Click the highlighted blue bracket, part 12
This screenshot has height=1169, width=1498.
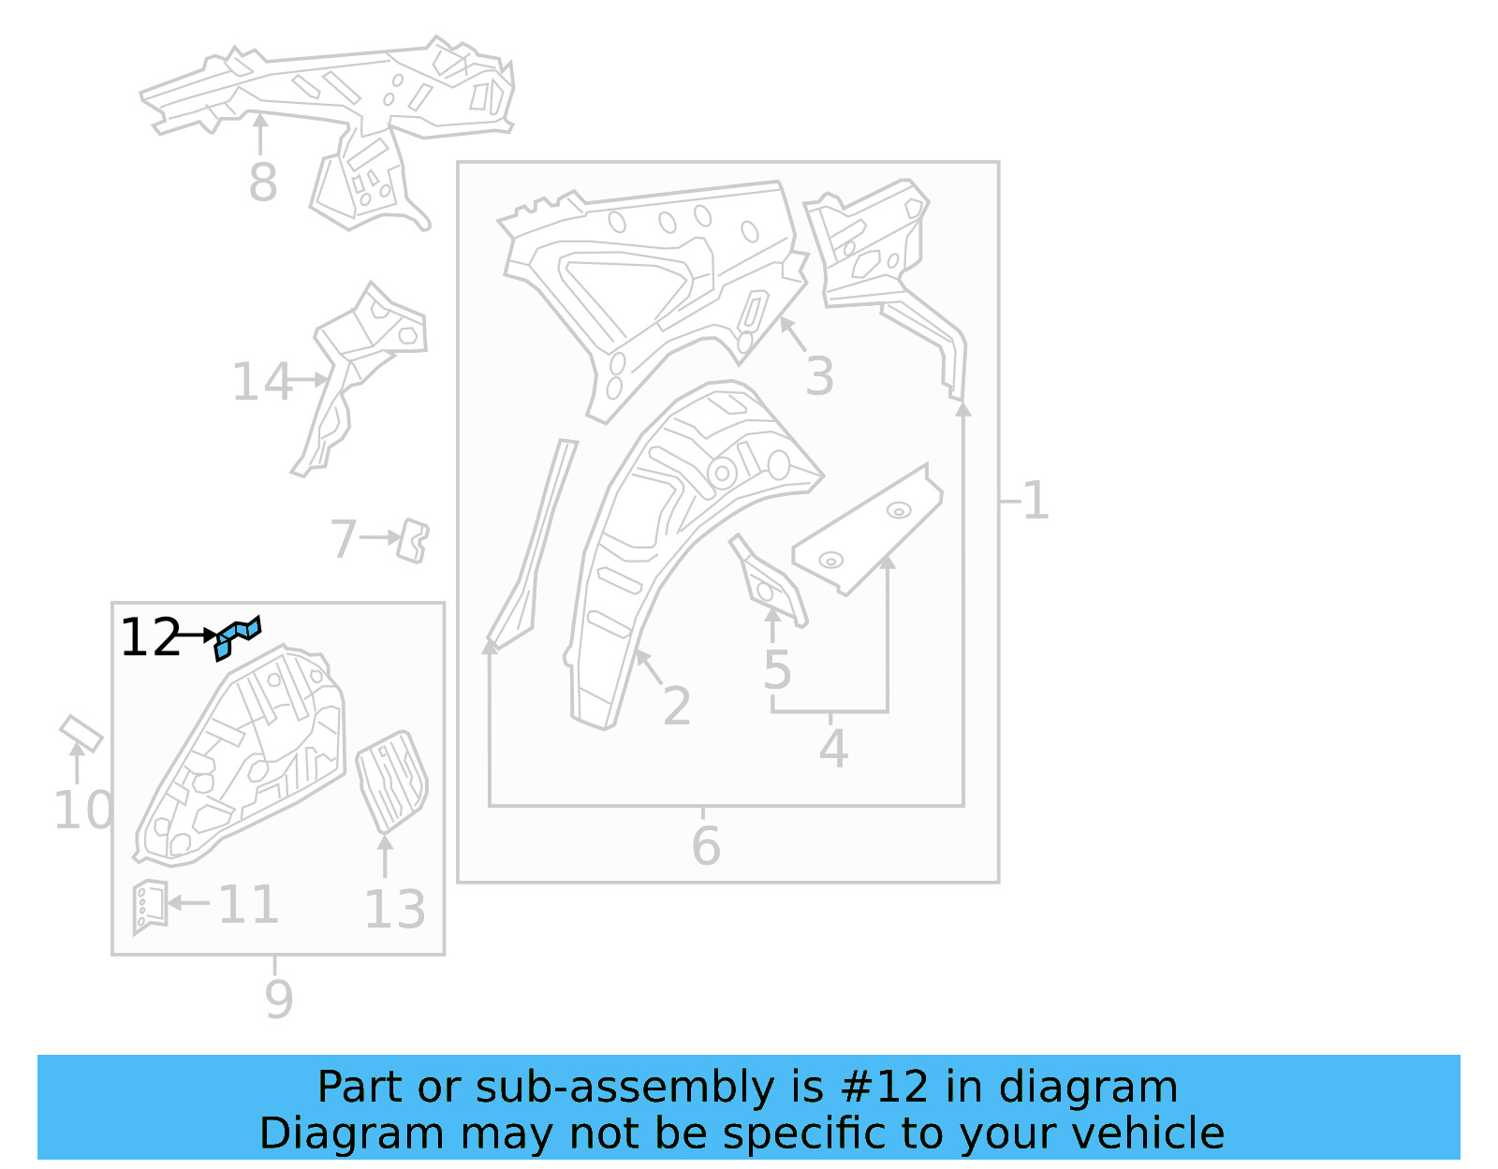point(237,636)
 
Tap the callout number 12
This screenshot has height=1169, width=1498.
point(150,638)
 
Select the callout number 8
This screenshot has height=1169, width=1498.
point(263,183)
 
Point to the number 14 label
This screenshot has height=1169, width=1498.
point(261,383)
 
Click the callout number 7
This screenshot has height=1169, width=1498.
point(344,539)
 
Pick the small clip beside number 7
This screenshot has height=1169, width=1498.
point(413,542)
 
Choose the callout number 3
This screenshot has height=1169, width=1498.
point(819,377)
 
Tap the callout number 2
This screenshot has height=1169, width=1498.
point(676,707)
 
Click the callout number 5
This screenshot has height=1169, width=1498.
point(777,670)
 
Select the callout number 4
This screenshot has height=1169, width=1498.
point(833,750)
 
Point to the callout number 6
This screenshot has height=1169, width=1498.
point(706,846)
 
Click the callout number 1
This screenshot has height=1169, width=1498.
point(1035,501)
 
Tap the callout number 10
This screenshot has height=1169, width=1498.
point(83,811)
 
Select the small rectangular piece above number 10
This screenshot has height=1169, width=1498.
point(81,733)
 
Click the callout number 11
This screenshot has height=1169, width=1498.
point(248,905)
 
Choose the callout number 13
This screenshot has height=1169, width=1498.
point(394,910)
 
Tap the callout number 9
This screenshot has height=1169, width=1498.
point(278,1000)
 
